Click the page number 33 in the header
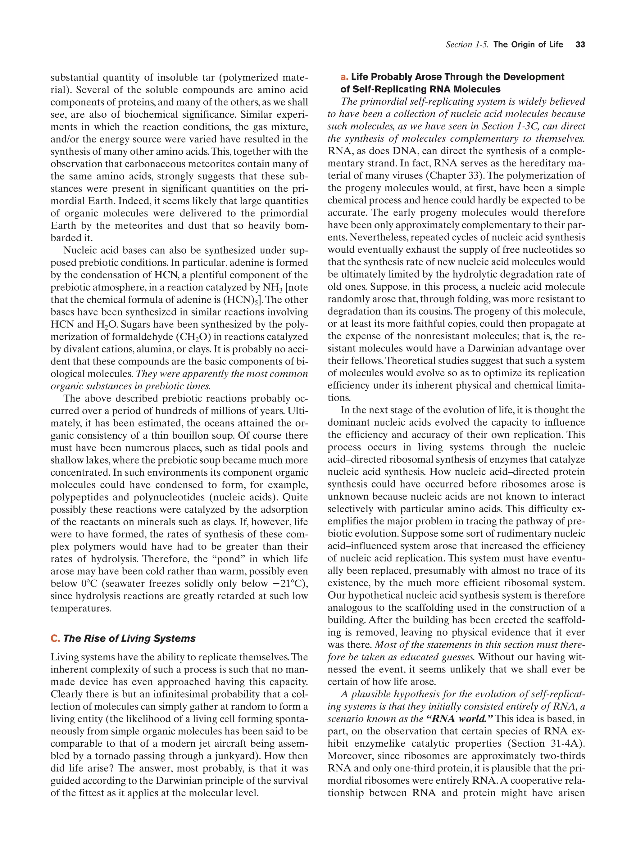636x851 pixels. click(580, 45)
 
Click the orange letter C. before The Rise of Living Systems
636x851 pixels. click(55, 638)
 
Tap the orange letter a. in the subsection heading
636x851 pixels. click(344, 77)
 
